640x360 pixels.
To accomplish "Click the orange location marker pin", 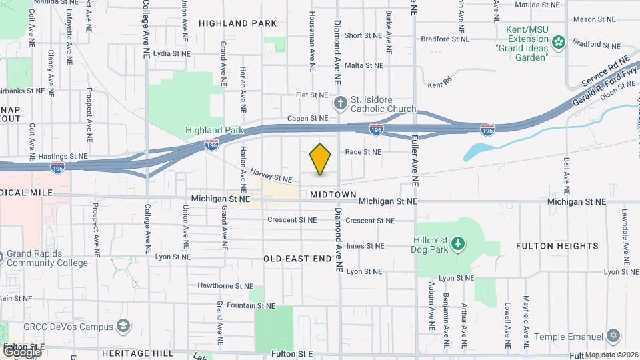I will click(321, 159).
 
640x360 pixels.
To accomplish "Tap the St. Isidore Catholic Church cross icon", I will click(340, 102).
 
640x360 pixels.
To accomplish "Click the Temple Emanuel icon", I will click(613, 335).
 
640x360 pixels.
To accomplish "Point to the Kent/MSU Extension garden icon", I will click(559, 42).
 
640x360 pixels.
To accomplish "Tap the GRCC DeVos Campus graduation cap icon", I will click(123, 325).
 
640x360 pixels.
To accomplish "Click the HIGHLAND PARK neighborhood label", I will click(237, 23).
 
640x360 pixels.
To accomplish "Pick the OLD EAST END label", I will click(297, 258).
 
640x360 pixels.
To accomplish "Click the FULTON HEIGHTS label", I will click(557, 246).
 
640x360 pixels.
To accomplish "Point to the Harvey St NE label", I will click(271, 175).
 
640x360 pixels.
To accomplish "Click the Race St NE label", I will click(363, 151).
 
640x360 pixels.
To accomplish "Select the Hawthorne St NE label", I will click(225, 286).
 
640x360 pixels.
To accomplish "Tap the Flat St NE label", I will click(312, 95).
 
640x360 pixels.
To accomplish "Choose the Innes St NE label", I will click(364, 246).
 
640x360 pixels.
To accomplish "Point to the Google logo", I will click(22, 351).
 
